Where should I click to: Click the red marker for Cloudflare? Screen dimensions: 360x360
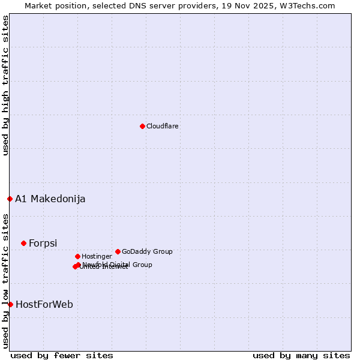coord(142,126)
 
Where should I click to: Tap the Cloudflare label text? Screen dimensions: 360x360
coord(162,127)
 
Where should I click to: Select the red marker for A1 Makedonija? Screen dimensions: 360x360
coord(10,199)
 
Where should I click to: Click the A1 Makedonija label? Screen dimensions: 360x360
coord(50,199)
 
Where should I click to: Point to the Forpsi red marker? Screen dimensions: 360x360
coord(23,243)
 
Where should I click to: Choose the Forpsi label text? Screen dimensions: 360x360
coord(43,244)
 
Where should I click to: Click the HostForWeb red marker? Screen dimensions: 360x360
coord(10,304)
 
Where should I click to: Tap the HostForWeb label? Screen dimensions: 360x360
coord(44,305)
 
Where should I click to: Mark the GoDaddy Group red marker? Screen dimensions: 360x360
coord(118,251)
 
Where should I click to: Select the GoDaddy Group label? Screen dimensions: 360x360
coord(147,252)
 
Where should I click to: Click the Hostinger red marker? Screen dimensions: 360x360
coord(77,256)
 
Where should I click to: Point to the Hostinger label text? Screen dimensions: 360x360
coord(97,257)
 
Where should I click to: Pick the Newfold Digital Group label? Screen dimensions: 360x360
coord(118,265)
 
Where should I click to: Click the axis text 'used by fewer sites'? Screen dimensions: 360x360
coord(62,355)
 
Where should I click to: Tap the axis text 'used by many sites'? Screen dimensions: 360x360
coord(301,355)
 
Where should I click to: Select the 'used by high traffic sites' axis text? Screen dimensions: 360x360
coord(5,85)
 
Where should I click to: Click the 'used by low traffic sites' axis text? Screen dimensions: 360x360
coord(5,281)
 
